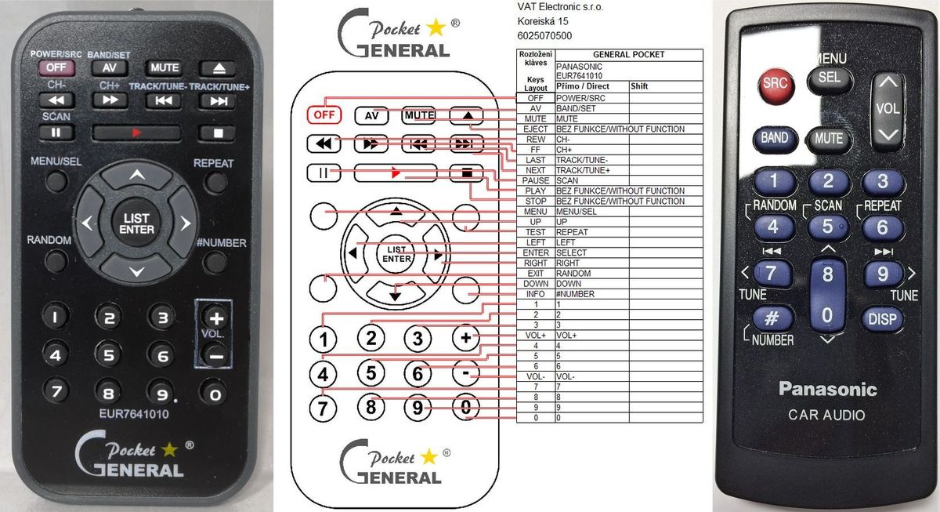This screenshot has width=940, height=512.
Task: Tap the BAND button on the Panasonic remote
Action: [x=774, y=139]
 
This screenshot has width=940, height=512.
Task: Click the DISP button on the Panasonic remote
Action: [x=883, y=319]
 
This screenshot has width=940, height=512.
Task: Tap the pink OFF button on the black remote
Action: [x=56, y=67]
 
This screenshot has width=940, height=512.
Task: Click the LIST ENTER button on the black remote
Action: [x=136, y=223]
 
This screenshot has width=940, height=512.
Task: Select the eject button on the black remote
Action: [x=219, y=68]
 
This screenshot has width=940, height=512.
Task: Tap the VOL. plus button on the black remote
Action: [x=216, y=318]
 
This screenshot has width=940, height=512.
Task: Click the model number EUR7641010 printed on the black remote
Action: [x=134, y=414]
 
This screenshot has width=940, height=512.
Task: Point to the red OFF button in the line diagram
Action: [x=324, y=114]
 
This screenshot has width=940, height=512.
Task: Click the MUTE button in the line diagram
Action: [x=419, y=115]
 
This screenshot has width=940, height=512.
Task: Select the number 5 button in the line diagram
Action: [x=371, y=372]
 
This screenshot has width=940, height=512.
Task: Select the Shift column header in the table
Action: [x=639, y=86]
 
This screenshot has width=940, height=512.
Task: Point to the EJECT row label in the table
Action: [x=536, y=129]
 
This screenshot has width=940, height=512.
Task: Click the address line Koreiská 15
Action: [x=543, y=21]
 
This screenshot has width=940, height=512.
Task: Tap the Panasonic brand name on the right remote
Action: [x=827, y=390]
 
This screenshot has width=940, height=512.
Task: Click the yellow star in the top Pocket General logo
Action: [x=436, y=27]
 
